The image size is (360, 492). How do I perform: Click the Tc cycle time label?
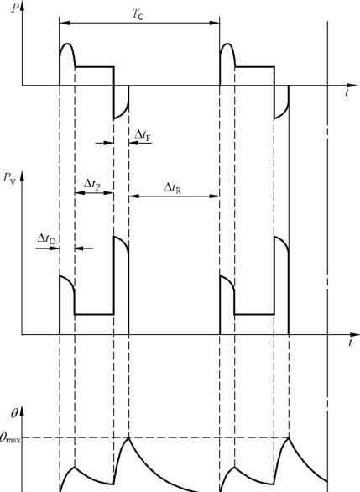pos(138,14)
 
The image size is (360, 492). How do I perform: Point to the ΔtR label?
pos(173,188)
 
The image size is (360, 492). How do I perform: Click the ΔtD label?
pos(46,239)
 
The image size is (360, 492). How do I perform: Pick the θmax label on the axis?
pos(10,438)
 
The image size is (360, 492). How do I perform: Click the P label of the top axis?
pos(14,8)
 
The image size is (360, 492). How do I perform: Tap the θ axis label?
pos(14,414)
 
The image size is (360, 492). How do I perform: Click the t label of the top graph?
pos(347,92)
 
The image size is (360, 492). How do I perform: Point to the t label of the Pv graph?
pos(350,343)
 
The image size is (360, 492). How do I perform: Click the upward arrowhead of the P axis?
pos(22,7)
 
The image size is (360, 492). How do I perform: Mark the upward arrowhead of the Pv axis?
pos(22,176)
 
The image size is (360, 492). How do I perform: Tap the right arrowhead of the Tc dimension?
pos(215,23)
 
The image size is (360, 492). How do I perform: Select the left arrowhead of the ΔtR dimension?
pos(133,196)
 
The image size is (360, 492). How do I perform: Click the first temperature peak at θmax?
pos(128,437)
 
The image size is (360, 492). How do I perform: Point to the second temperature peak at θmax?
pos(289,437)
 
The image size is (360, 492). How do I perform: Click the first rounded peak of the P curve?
pos(67,44)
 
